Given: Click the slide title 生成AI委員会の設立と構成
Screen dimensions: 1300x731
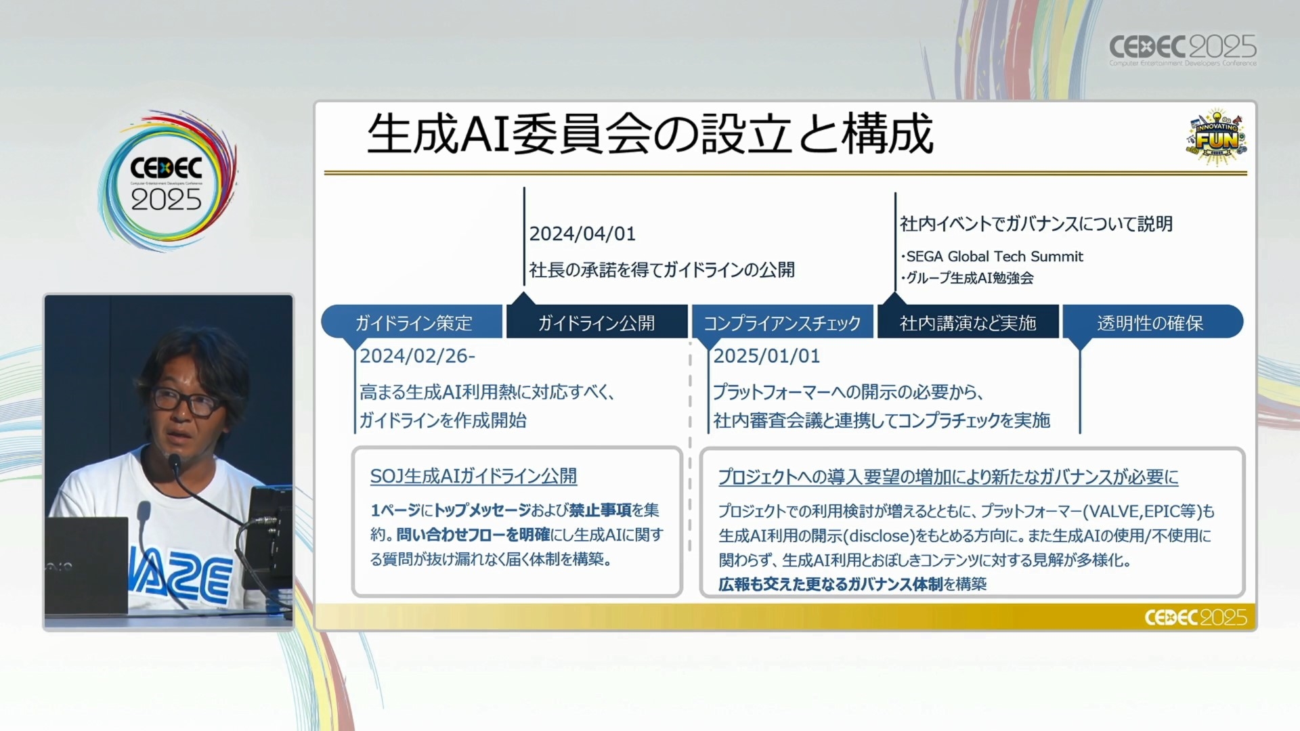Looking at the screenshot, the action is pyautogui.click(x=650, y=133).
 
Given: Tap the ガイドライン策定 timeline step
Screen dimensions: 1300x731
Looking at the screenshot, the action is pyautogui.click(x=412, y=322).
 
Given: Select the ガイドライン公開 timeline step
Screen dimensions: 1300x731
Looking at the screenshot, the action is pyautogui.click(x=597, y=322).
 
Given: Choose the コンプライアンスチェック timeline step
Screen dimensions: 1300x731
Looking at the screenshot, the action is pyautogui.click(x=782, y=322).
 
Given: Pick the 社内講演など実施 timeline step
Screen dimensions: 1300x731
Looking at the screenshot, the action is pyautogui.click(x=968, y=322).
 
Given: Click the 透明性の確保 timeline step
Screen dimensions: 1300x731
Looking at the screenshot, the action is pyautogui.click(x=1151, y=322).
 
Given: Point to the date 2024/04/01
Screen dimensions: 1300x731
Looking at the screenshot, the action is pyautogui.click(x=582, y=234).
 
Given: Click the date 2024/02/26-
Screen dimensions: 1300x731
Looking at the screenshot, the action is pyautogui.click(x=417, y=356).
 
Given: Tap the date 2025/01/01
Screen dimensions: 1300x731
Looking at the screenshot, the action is pyautogui.click(x=766, y=356).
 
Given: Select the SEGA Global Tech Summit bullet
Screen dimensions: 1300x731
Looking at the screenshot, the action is pyautogui.click(x=992, y=257).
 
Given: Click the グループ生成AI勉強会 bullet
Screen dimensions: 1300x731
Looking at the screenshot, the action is pyautogui.click(x=967, y=278).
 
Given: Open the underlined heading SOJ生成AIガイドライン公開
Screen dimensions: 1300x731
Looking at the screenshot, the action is pyautogui.click(x=473, y=477).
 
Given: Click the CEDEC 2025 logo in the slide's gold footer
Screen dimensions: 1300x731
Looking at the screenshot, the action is pyautogui.click(x=1195, y=617).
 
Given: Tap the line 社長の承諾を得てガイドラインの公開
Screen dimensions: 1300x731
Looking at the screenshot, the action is pyautogui.click(x=662, y=270).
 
